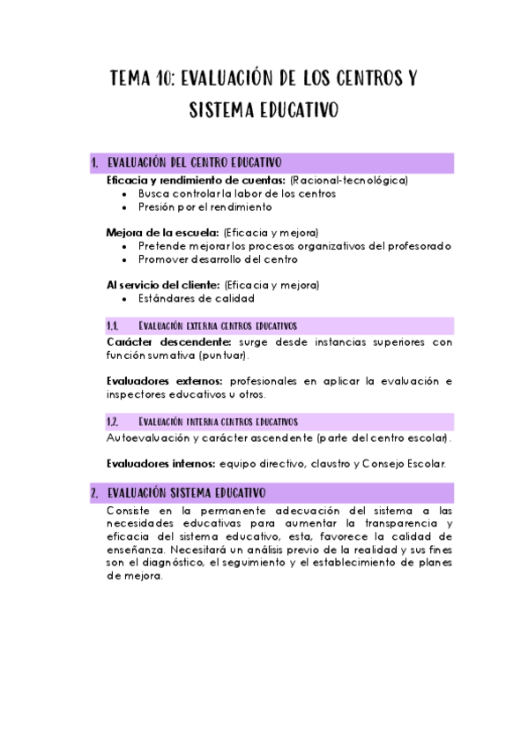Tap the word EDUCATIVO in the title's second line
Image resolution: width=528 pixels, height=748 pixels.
click(x=295, y=111)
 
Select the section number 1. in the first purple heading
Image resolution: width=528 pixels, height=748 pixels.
click(x=94, y=163)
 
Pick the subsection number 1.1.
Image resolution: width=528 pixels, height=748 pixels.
click(x=112, y=325)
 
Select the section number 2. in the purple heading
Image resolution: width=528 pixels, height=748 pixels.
click(x=94, y=492)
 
